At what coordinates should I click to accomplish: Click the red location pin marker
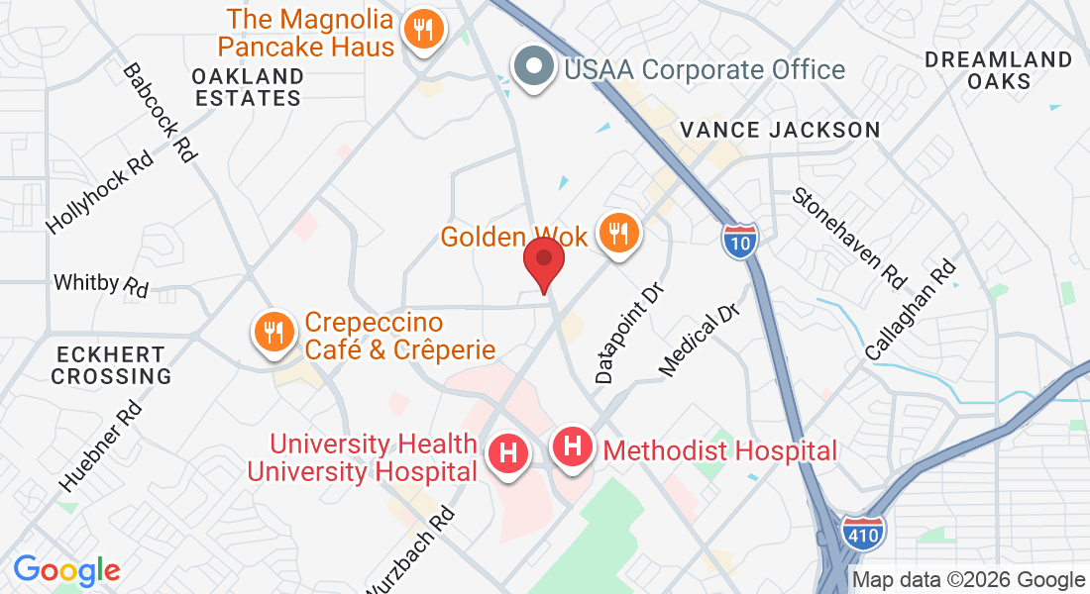point(544,260)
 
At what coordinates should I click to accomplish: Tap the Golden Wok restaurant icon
point(619,235)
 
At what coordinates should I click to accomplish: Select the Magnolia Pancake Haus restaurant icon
point(424,31)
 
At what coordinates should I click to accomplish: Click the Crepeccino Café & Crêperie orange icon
point(272,332)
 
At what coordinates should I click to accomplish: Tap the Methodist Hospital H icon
point(572,447)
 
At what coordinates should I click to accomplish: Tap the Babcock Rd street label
point(159,113)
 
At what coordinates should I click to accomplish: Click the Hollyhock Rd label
point(100,193)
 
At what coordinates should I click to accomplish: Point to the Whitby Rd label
point(101,284)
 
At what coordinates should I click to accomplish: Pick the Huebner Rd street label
point(101,445)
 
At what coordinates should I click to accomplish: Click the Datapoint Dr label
point(628,331)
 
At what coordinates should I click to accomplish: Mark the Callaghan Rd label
point(910,309)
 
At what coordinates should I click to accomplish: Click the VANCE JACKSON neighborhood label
point(780,130)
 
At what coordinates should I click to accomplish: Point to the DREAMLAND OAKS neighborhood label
point(998,70)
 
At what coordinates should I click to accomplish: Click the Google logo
point(66,570)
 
